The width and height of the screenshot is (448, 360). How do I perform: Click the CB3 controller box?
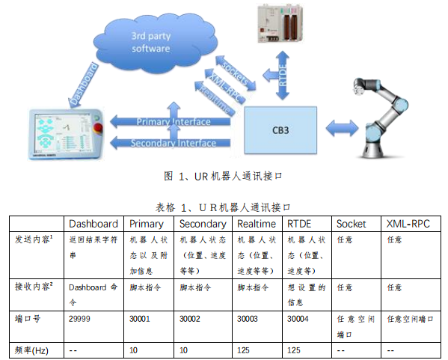tap(280, 127)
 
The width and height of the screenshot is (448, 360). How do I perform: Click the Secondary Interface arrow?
tap(172, 142)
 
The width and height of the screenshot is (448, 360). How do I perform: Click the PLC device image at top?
tap(281, 23)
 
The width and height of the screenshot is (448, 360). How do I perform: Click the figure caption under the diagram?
tap(225, 177)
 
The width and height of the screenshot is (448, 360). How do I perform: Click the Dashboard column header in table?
tap(93, 223)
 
